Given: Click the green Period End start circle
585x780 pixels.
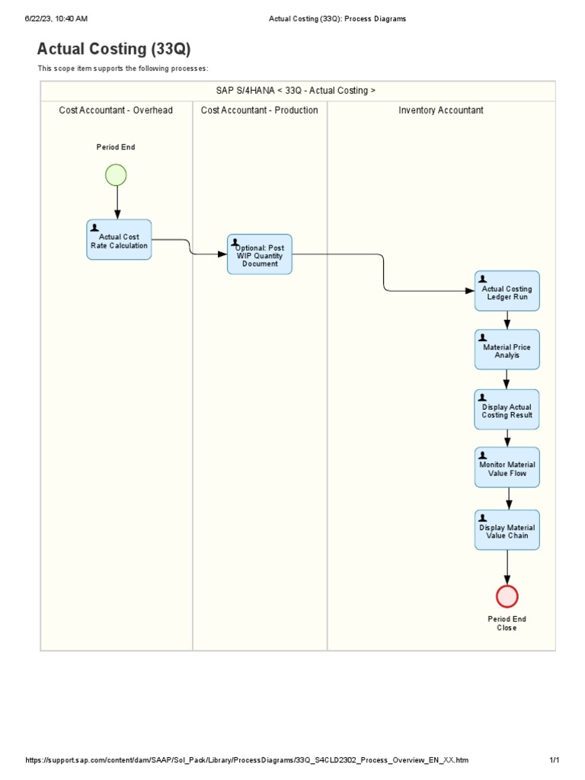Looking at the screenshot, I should coord(116,175).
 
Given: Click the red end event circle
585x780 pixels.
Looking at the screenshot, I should coord(507,596).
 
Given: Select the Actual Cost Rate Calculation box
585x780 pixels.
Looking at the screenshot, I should coord(119,240).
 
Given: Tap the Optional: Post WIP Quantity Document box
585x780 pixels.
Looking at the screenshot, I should coord(260,254).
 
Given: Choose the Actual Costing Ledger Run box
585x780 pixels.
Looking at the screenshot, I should coord(507,291).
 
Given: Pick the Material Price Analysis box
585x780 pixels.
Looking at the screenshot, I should coord(507,350).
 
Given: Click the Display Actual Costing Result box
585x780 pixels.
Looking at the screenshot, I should coord(507,410).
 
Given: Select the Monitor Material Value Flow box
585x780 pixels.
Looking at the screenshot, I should coord(507,468).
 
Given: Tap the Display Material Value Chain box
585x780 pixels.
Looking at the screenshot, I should coord(507,530).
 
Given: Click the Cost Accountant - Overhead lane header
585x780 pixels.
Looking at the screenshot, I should coord(116,110).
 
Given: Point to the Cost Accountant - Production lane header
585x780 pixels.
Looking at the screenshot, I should coord(260,110).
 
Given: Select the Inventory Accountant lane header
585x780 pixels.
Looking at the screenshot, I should coord(441,110).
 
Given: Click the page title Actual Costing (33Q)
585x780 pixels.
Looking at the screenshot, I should coord(114,50).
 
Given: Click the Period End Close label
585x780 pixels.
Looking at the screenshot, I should coord(507,623).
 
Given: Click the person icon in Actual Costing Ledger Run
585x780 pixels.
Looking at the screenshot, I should coord(483,280).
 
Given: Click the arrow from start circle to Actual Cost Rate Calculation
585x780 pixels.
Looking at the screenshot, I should coord(117,202).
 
